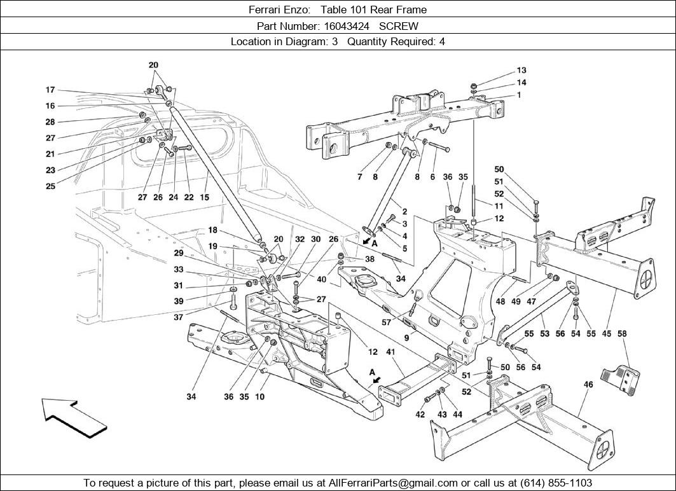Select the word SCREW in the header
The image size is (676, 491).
[x=399, y=26]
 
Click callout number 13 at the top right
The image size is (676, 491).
[x=521, y=71]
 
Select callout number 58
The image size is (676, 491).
[x=622, y=333]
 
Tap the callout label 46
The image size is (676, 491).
[x=588, y=384]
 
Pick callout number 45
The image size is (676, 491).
[x=606, y=333]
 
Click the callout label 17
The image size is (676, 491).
[x=50, y=90]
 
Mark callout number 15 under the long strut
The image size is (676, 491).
[x=204, y=197]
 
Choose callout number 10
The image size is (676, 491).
[x=259, y=397]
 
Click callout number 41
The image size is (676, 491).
[x=390, y=352]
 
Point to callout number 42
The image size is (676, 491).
[x=420, y=415]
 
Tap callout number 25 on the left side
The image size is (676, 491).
[x=50, y=186]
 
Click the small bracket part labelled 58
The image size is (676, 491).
[x=621, y=378]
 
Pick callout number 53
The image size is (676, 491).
[x=544, y=333]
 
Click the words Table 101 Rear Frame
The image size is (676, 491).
[x=373, y=10]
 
